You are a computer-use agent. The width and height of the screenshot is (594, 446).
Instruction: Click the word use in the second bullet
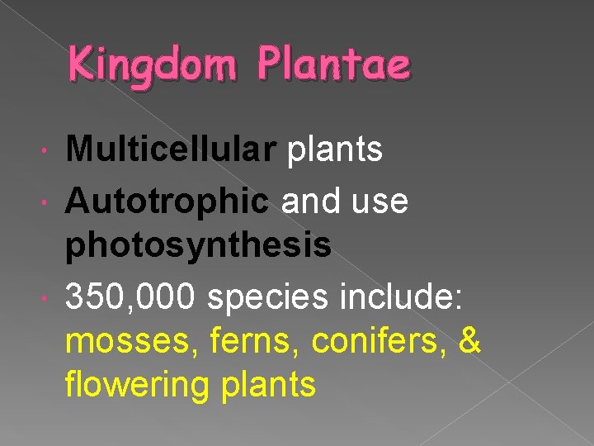tap(379, 199)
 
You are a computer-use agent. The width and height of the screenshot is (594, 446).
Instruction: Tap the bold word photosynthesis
tap(199, 245)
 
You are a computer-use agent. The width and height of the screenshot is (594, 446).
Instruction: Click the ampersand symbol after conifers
tap(469, 339)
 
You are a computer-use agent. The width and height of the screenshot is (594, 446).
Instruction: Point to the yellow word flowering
tap(135, 386)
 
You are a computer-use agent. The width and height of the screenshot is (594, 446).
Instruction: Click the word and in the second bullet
tap(307, 199)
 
